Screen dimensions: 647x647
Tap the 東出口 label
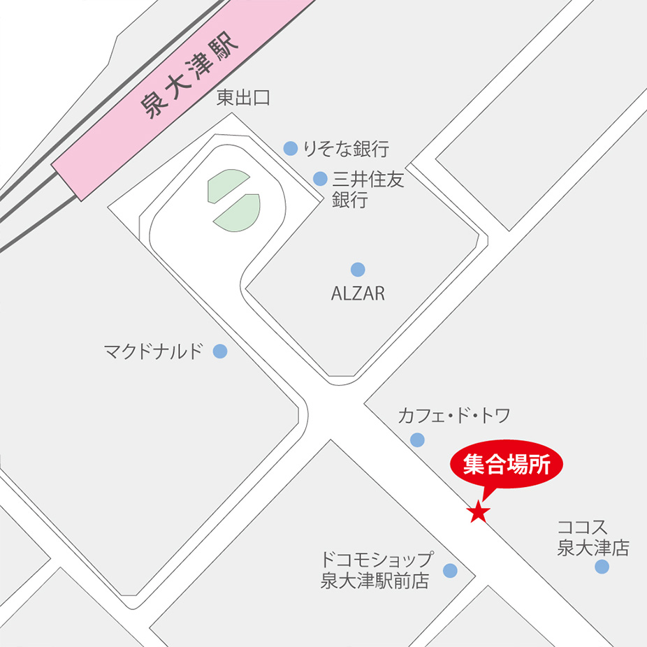pos(243,99)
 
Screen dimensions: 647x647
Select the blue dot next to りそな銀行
pos(291,148)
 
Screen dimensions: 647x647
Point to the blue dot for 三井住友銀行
pos(320,179)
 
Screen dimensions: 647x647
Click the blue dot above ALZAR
pos(358,270)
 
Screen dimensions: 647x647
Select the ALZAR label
pos(358,293)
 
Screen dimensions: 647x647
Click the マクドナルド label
pos(153,351)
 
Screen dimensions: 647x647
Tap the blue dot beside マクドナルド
pos(220,351)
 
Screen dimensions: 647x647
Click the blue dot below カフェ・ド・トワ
pos(417,439)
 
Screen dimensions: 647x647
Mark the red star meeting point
pos(479,512)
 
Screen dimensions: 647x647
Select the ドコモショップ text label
pos(377,560)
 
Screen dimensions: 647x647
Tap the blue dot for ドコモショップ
pos(450,571)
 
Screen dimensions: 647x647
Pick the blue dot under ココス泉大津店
pos(602,567)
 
